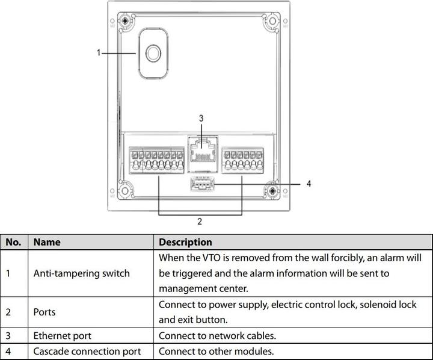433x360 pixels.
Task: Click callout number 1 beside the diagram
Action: tap(99, 53)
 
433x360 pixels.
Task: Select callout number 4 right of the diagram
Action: tap(309, 184)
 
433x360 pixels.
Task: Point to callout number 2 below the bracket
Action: tap(200, 222)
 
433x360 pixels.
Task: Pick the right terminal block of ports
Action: tap(242, 160)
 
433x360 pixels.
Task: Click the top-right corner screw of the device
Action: tap(273, 20)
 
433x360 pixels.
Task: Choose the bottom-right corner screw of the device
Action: tap(273, 191)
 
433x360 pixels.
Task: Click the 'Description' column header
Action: tap(185, 242)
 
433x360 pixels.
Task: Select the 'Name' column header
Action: tap(47, 242)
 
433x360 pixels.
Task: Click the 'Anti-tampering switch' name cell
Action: tap(81, 273)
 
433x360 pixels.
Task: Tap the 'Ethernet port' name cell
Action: tap(63, 336)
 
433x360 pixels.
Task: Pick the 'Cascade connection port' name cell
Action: tap(87, 352)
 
